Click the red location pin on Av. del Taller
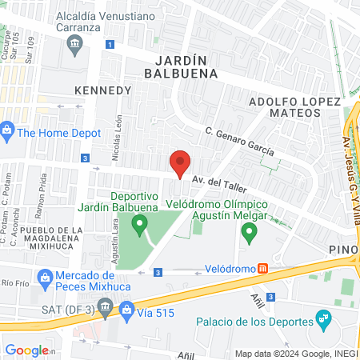180,163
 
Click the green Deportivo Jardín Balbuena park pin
140,224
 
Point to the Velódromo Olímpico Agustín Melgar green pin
249,233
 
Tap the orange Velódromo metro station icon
262,270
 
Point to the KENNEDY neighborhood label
102,90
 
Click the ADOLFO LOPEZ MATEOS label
294,110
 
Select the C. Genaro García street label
239,141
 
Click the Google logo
27,350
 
